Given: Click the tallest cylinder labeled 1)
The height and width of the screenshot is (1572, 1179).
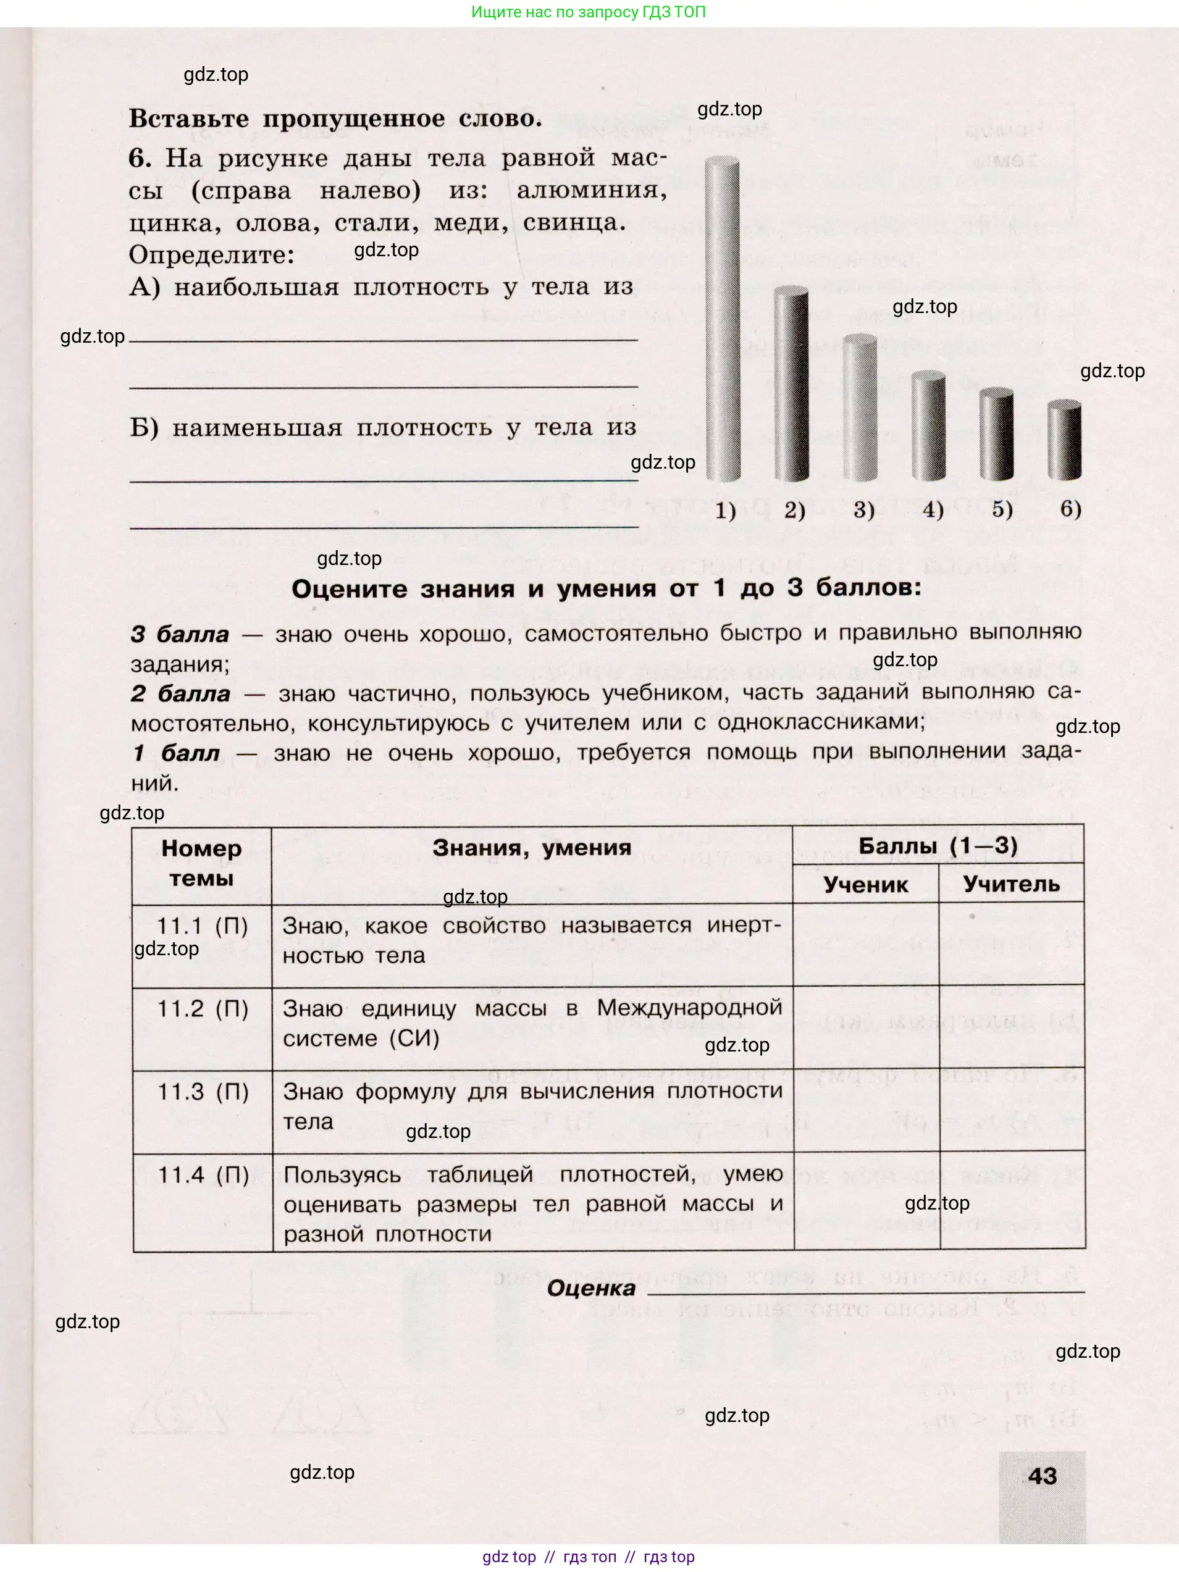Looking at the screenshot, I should click(x=722, y=320).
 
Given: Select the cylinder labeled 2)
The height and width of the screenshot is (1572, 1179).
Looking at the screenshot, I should click(x=791, y=384).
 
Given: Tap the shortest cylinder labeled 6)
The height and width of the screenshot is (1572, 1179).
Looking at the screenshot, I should click(x=1065, y=441).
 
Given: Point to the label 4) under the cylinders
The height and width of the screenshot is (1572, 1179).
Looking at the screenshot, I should click(x=933, y=509).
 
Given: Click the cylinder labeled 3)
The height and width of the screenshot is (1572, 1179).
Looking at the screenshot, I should click(x=860, y=409).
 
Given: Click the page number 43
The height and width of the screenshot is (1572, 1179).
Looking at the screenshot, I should click(x=1042, y=1476).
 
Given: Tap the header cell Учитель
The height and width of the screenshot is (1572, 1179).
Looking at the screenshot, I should click(x=1010, y=884).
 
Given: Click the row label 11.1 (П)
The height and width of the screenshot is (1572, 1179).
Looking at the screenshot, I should click(x=202, y=926).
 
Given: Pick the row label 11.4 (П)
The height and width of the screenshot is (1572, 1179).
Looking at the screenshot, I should click(x=203, y=1175).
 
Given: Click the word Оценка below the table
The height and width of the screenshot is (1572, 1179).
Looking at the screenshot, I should click(x=590, y=1289).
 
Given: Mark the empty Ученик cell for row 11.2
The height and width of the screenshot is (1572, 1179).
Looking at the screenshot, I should click(x=866, y=1028).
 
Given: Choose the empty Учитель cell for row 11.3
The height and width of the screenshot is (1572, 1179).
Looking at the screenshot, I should click(x=1011, y=1111).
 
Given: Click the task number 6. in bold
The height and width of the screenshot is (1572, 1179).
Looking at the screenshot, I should click(x=140, y=158).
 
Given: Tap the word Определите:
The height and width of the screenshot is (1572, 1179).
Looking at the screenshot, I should click(x=212, y=254).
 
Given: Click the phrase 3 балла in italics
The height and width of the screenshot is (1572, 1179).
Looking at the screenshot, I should click(x=180, y=634).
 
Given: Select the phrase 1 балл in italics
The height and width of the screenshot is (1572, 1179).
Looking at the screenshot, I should click(x=176, y=753).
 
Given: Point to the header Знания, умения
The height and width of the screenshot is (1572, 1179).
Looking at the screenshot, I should click(x=532, y=847).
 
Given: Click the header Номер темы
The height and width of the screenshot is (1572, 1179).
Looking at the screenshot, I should click(x=201, y=863).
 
